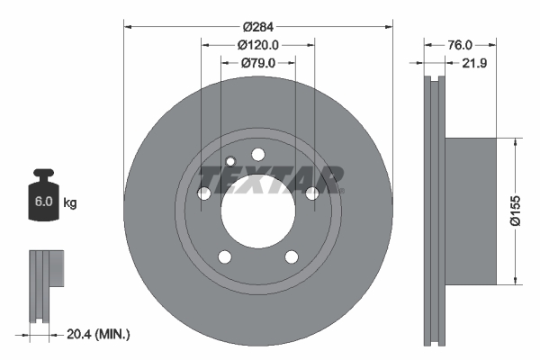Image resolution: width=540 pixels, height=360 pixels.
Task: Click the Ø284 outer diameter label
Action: click(258, 26)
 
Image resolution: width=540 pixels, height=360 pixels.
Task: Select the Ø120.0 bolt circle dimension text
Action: click(258, 45)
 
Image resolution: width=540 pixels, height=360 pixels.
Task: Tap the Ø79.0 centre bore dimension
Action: click(258, 63)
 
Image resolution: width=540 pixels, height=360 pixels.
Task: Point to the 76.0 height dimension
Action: click(460, 45)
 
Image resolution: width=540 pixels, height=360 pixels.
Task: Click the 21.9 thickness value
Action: click(474, 63)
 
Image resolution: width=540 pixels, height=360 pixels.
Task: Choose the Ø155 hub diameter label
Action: click(516, 211)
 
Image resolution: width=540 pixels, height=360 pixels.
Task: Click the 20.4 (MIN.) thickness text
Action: click(98, 334)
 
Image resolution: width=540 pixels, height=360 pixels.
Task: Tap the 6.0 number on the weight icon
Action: click(43, 202)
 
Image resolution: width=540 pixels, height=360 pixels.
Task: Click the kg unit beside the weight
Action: click(70, 202)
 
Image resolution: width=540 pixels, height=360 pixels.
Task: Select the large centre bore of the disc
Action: click(258, 211)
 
